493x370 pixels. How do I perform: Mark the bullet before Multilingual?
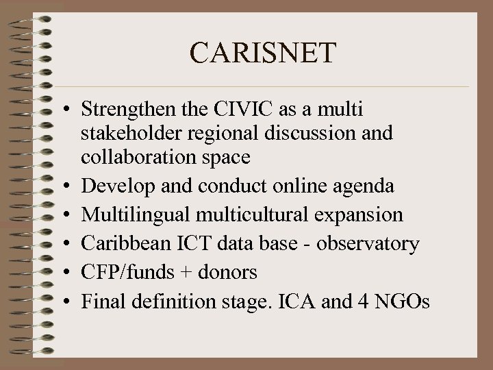click(x=71, y=214)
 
